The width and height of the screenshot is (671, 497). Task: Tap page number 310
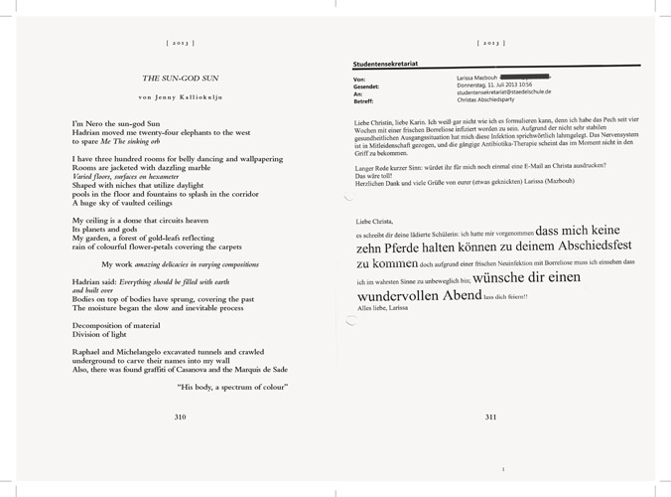click(180, 416)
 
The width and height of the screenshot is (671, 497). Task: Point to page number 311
click(490, 416)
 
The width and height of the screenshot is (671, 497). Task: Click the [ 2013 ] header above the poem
click(180, 44)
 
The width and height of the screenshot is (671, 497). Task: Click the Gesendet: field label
click(367, 84)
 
